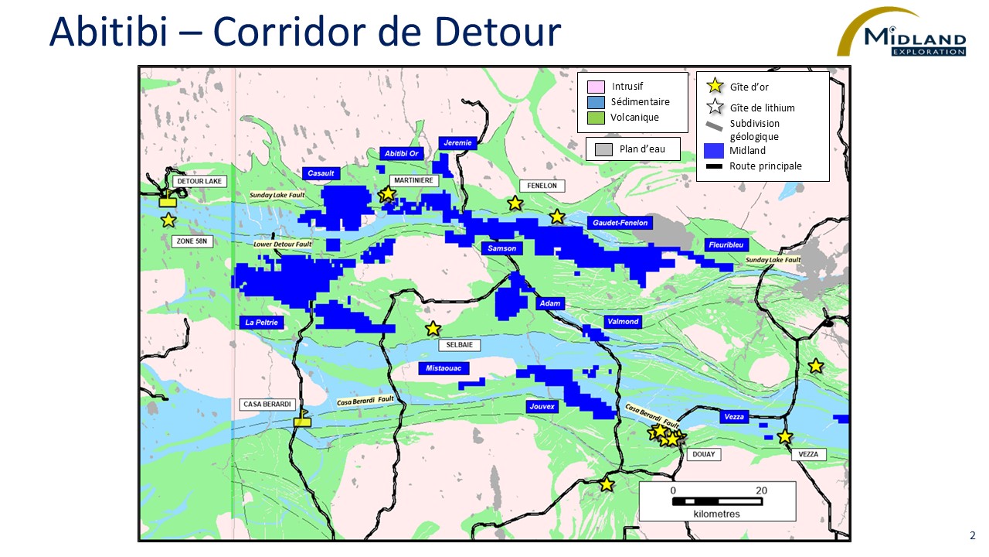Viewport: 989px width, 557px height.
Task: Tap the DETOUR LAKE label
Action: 199,181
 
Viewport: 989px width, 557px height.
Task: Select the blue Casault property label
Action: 321,173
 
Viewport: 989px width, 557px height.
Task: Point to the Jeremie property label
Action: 457,143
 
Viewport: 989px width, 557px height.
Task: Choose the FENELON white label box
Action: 542,186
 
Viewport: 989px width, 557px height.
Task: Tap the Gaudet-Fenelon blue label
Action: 620,223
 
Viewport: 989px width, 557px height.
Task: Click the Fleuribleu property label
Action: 727,244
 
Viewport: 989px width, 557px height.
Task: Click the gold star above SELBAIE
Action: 433,329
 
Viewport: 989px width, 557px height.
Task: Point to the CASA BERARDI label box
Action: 267,405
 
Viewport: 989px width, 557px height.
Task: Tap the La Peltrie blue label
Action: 262,322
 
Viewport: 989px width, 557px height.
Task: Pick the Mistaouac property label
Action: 443,368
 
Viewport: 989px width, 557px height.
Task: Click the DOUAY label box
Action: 703,454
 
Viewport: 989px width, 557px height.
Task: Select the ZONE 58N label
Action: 192,241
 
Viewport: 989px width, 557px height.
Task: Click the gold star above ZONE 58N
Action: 168,220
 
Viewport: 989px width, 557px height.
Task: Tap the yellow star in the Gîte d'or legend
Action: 715,87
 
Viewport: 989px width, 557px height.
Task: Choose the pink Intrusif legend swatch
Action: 595,87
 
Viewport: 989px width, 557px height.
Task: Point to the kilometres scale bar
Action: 717,501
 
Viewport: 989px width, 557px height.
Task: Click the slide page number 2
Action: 972,535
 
